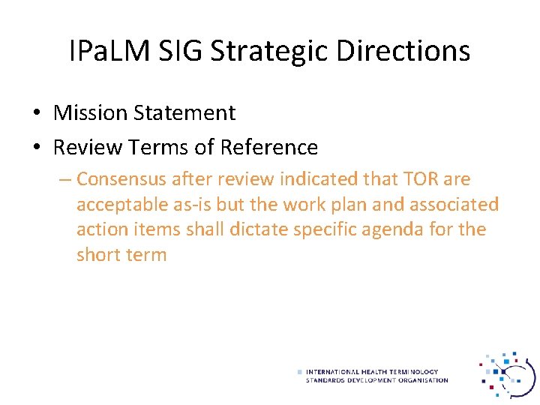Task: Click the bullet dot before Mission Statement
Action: pos(36,113)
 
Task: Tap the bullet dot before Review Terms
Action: pos(36,148)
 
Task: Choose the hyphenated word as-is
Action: pos(193,205)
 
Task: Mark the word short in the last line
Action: pos(98,254)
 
